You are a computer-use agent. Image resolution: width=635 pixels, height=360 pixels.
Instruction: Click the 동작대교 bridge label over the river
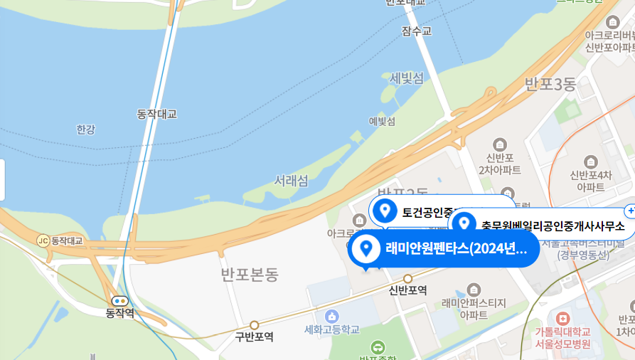pos(156,114)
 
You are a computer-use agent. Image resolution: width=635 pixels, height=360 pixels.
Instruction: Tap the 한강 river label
pos(85,129)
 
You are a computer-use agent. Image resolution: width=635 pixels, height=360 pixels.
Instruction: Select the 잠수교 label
pos(416,31)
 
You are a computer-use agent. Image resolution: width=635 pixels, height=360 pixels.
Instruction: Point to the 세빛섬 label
pos(407,78)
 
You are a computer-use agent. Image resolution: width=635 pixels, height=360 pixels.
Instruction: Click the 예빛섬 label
pos(382,121)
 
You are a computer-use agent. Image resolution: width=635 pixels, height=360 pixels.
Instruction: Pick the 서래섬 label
pos(292,181)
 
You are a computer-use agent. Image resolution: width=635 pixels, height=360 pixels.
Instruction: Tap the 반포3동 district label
pos(550,85)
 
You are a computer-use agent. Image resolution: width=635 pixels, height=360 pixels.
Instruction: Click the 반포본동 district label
pos(250,275)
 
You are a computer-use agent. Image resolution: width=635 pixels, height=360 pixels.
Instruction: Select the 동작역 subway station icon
pos(119,301)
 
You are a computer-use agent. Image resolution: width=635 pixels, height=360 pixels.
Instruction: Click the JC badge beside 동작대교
pos(43,240)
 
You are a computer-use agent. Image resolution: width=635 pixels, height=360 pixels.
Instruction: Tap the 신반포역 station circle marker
pos(408,278)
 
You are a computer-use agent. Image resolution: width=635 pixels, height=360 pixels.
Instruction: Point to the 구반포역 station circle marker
pos(254,324)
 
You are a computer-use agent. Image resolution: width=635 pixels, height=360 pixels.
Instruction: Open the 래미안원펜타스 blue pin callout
pos(444,249)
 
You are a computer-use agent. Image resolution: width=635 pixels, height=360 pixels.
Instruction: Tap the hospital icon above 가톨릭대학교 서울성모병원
pos(563,318)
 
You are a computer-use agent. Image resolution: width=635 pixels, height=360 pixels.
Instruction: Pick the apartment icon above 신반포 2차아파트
pos(500,144)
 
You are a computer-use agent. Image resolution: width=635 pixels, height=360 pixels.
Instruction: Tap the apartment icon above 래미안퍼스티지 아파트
pos(474,289)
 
